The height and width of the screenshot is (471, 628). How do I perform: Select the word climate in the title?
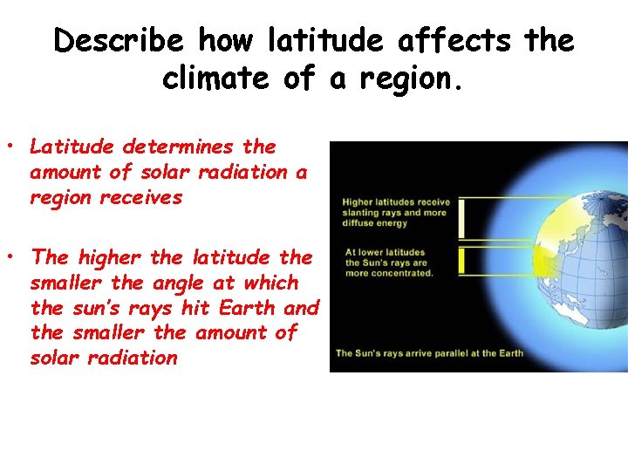click(x=218, y=78)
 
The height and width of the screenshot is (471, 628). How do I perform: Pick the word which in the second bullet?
click(x=271, y=283)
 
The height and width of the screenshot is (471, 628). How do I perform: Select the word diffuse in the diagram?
click(x=361, y=222)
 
